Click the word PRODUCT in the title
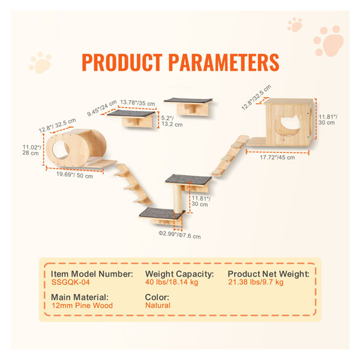pyautogui.click(x=122, y=62)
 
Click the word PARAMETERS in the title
pyautogui.click(x=224, y=62)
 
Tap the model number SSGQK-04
pyautogui.click(x=70, y=282)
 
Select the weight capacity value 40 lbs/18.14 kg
pyautogui.click(x=172, y=282)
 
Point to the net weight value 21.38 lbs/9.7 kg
pyautogui.click(x=256, y=282)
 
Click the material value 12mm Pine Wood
pyautogui.click(x=82, y=305)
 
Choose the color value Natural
pyautogui.click(x=158, y=305)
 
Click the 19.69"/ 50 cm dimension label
pyautogui.click(x=74, y=175)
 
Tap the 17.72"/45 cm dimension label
pyautogui.click(x=277, y=157)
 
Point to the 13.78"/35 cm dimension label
pyautogui.click(x=137, y=103)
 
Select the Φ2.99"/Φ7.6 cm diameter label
pyautogui.click(x=179, y=235)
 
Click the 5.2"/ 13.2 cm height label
pyautogui.click(x=172, y=121)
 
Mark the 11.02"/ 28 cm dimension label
pyautogui.click(x=32, y=150)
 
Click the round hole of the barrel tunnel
pyautogui.click(x=61, y=149)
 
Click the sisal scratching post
pyautogui.click(x=177, y=199)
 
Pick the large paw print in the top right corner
pyautogui.click(x=329, y=41)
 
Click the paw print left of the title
pyautogui.click(x=40, y=62)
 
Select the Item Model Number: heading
pyautogui.click(x=92, y=274)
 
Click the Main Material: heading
pyautogui.click(x=80, y=297)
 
